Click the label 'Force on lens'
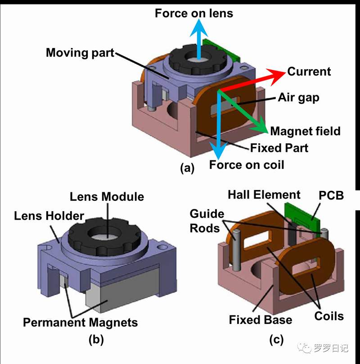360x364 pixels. tap(194, 13)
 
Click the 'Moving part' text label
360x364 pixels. tap(80, 53)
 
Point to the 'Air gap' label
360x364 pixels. tap(298, 97)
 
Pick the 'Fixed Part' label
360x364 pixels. tap(279, 147)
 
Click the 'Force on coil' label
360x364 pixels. tap(247, 164)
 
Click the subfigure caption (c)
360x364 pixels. tap(276, 340)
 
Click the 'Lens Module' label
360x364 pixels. tap(107, 196)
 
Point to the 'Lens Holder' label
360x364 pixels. tap(49, 216)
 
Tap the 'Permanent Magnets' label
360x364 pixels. tap(80, 322)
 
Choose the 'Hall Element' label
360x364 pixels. tap(264, 195)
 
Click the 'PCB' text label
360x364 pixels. tap(331, 195)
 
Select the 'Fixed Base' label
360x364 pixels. tap(260, 320)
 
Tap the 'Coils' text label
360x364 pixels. tap(328, 316)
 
